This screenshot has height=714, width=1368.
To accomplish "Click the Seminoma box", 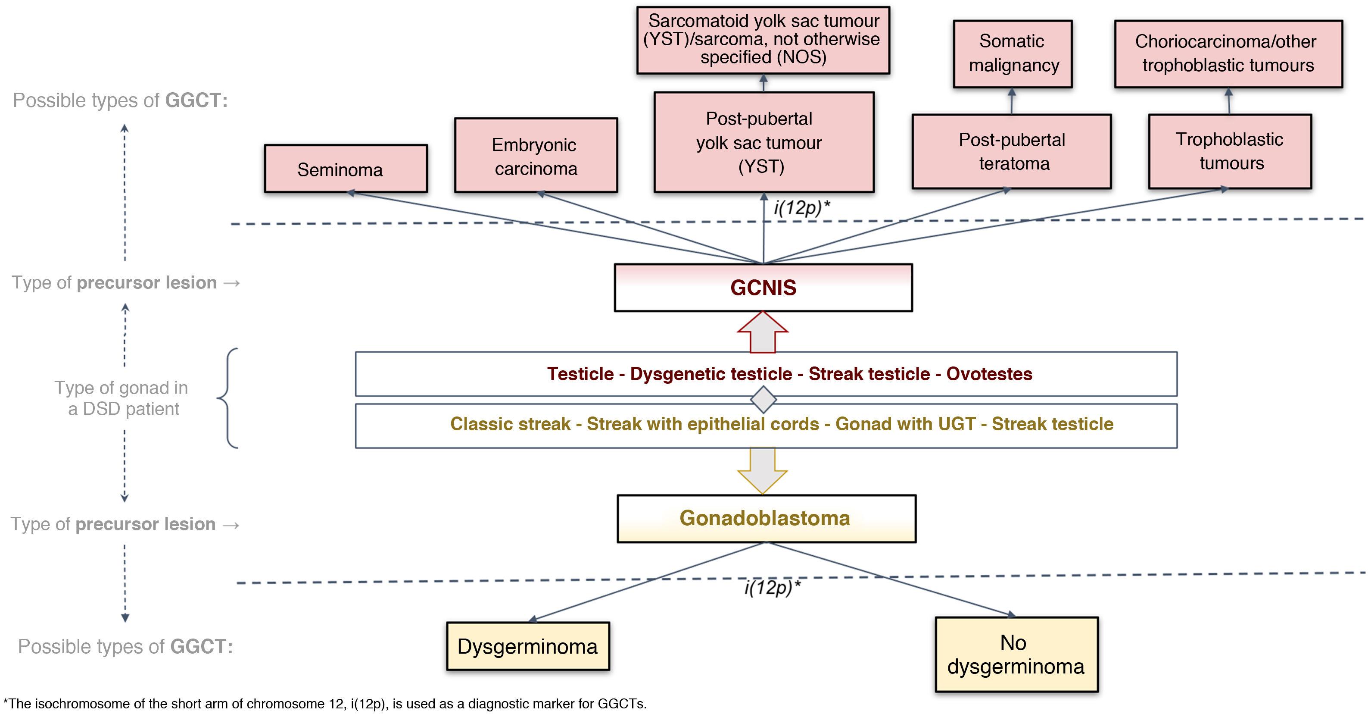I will [346, 169].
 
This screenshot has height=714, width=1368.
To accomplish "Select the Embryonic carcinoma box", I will [536, 156].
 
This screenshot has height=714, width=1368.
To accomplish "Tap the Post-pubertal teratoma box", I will [1012, 151].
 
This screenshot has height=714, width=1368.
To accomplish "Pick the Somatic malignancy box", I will [1013, 53].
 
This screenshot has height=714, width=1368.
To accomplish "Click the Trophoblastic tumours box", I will [1230, 151].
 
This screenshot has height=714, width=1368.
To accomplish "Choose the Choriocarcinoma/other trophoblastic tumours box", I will [1228, 53].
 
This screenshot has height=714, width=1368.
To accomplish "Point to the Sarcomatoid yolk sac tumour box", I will [763, 40].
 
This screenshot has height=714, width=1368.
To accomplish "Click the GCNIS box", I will [763, 288].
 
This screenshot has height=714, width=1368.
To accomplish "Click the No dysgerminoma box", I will [1016, 654].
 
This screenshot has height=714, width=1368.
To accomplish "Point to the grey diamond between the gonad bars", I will [763, 400].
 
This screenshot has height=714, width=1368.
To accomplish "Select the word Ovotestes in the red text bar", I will [989, 374].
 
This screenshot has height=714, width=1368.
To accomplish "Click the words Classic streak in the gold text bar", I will [510, 424].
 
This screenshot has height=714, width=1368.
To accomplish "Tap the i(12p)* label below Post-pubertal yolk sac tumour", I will [801, 207].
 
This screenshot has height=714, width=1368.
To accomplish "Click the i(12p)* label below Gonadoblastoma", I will [772, 587].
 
